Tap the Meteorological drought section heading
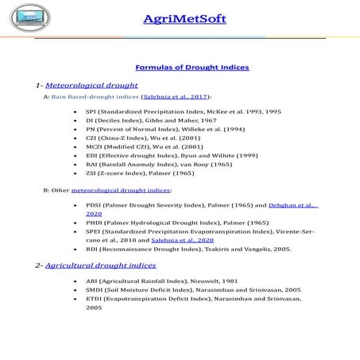pos(91,84)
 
